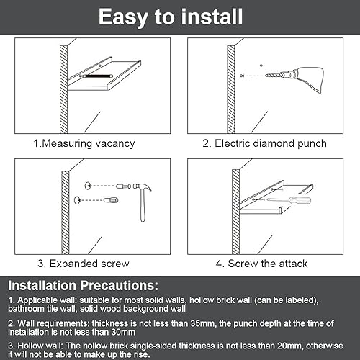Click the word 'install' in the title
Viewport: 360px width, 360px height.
[x=212, y=17]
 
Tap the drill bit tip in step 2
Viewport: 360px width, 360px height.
[x=266, y=76]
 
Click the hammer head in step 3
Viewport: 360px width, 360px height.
[x=143, y=187]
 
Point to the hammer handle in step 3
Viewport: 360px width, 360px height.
[x=143, y=206]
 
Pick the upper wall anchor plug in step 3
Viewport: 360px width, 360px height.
[x=123, y=186]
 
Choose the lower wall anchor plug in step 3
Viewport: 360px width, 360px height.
[x=111, y=200]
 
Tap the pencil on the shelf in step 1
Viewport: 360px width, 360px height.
[x=96, y=76]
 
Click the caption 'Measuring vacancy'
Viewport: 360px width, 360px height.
[x=89, y=143]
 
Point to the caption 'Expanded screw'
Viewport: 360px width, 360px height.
[x=89, y=264]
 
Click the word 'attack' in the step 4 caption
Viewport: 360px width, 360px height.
[x=293, y=264]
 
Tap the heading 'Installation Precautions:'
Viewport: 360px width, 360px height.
[x=84, y=286]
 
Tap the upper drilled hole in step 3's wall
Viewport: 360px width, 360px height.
[x=88, y=186]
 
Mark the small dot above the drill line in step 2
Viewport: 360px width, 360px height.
[x=261, y=66]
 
